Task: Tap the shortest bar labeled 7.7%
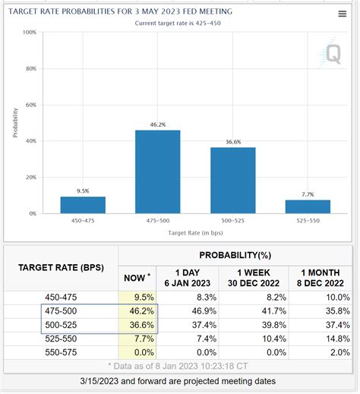pyautogui.click(x=308, y=206)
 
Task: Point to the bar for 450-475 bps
pyautogui.click(x=83, y=205)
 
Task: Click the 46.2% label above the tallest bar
pyautogui.click(x=158, y=124)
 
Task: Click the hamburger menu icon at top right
pyautogui.click(x=342, y=14)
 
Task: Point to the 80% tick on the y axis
pyautogui.click(x=30, y=68)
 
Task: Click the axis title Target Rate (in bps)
pyautogui.click(x=195, y=232)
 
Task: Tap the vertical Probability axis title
pyautogui.click(x=14, y=123)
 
